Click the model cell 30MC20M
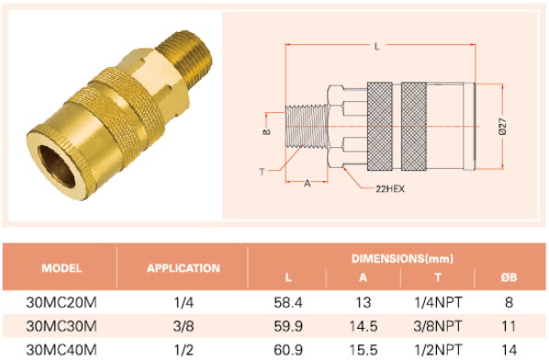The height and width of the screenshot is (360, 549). pos(62,302)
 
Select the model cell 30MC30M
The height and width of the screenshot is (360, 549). pos(62,326)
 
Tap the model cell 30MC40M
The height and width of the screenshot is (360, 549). pos(62,350)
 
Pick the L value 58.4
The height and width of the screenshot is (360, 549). pos(288,302)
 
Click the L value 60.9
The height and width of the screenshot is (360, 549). pos(288,350)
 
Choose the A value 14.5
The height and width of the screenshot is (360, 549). pos(364,326)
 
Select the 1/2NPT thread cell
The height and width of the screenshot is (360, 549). pos(438,350)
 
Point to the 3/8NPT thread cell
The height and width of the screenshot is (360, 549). pos(438,326)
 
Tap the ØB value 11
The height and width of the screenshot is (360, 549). pos(509,326)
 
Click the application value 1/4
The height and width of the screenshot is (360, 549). pos(184,302)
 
